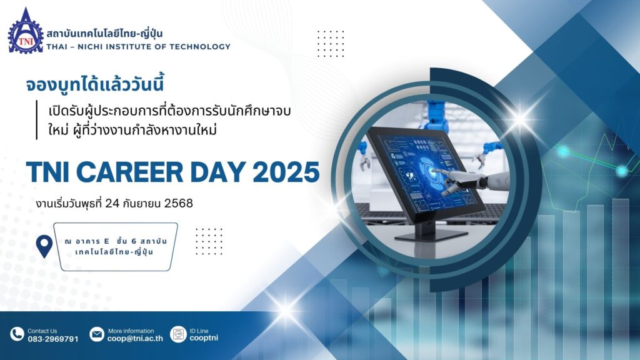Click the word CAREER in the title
(x=129, y=172)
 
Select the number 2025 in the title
(x=286, y=172)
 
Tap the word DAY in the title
(x=218, y=172)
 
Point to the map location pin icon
(x=44, y=246)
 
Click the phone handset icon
(x=17, y=334)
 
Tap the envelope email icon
(x=97, y=334)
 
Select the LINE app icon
(x=178, y=334)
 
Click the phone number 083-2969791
(x=53, y=339)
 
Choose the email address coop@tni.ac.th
(x=135, y=338)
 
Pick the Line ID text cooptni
(x=204, y=338)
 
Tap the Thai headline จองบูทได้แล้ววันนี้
(x=95, y=84)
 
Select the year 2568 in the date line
(x=178, y=203)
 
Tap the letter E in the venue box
(x=106, y=241)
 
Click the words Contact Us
(x=42, y=331)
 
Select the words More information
(x=131, y=331)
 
